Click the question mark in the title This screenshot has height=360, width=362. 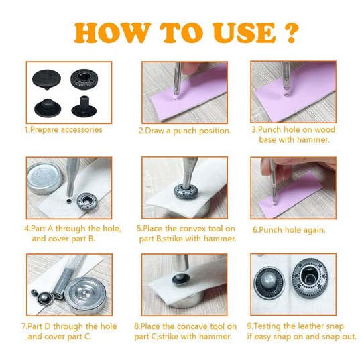coord(292,32)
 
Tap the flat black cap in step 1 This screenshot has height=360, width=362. coord(47,79)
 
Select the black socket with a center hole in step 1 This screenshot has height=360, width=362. coord(84,79)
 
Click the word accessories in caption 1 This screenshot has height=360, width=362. coord(82,130)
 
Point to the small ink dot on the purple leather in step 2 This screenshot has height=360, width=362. coord(176,99)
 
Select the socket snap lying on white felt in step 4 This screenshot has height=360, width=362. coord(87,201)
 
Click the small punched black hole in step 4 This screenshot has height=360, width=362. coord(68,201)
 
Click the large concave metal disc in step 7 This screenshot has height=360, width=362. coord(85,296)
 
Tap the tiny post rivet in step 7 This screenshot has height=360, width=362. coord(34,292)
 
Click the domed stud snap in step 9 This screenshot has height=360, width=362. coord(269,283)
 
